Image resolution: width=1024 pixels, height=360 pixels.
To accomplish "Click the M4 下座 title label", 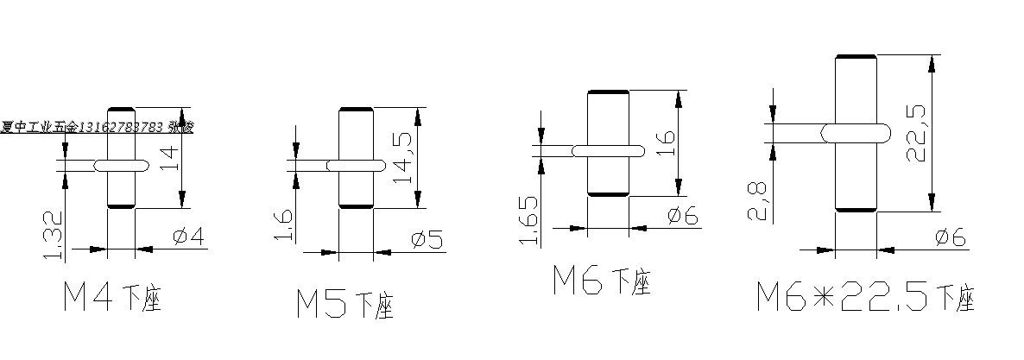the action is [x=112, y=298].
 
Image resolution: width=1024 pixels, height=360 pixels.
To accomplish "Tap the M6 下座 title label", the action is [x=602, y=281].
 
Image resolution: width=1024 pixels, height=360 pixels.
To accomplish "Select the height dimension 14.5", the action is [x=403, y=156].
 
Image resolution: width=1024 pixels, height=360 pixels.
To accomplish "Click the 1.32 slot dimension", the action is [x=53, y=235].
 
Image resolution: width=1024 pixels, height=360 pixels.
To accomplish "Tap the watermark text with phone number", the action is [x=97, y=127].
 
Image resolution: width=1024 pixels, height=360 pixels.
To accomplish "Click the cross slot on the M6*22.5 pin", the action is [x=855, y=132].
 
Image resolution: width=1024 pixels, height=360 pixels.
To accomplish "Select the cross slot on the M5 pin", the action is [x=356, y=163].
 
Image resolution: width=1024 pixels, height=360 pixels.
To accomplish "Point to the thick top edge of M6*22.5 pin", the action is [x=856, y=56].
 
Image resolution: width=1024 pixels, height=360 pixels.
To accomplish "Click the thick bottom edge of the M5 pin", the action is [x=356, y=206].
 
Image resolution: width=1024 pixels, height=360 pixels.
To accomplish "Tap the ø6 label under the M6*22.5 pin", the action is [x=951, y=236].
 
